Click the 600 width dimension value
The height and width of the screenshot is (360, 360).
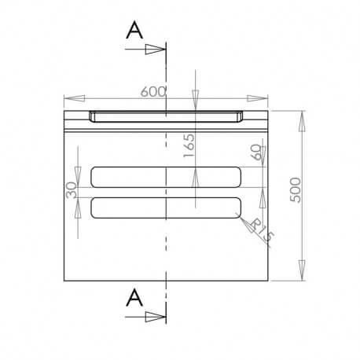(153, 91)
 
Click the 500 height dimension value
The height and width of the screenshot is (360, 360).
(295, 189)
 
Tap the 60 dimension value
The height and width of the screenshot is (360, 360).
(255, 152)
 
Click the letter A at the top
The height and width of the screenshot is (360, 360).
(135, 29)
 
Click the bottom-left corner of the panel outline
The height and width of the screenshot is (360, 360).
(63, 280)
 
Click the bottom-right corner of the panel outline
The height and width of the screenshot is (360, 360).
(269, 280)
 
